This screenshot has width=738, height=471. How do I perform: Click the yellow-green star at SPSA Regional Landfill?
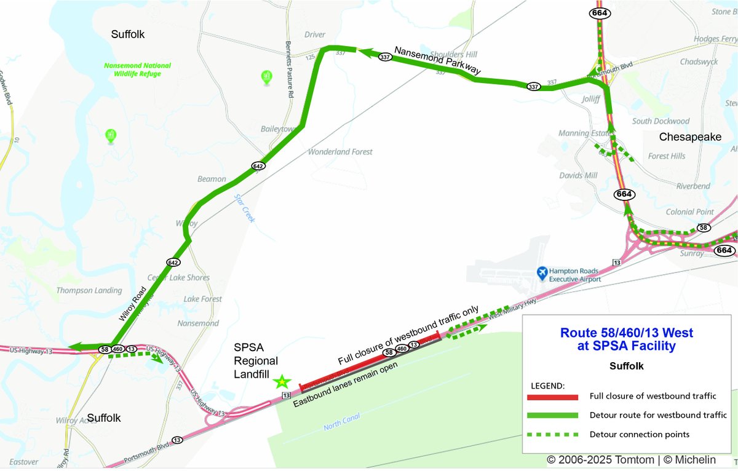282,381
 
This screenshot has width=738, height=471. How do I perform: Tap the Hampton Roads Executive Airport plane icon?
542,272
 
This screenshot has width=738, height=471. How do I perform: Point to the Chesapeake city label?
690,137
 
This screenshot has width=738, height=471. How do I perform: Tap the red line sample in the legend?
553,397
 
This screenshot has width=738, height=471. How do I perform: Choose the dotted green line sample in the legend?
553,435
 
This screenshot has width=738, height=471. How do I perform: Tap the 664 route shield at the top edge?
598,13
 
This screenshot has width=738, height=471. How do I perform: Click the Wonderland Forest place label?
340,152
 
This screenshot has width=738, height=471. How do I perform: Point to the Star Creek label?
245,208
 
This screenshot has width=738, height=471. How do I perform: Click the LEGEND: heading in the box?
547,386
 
